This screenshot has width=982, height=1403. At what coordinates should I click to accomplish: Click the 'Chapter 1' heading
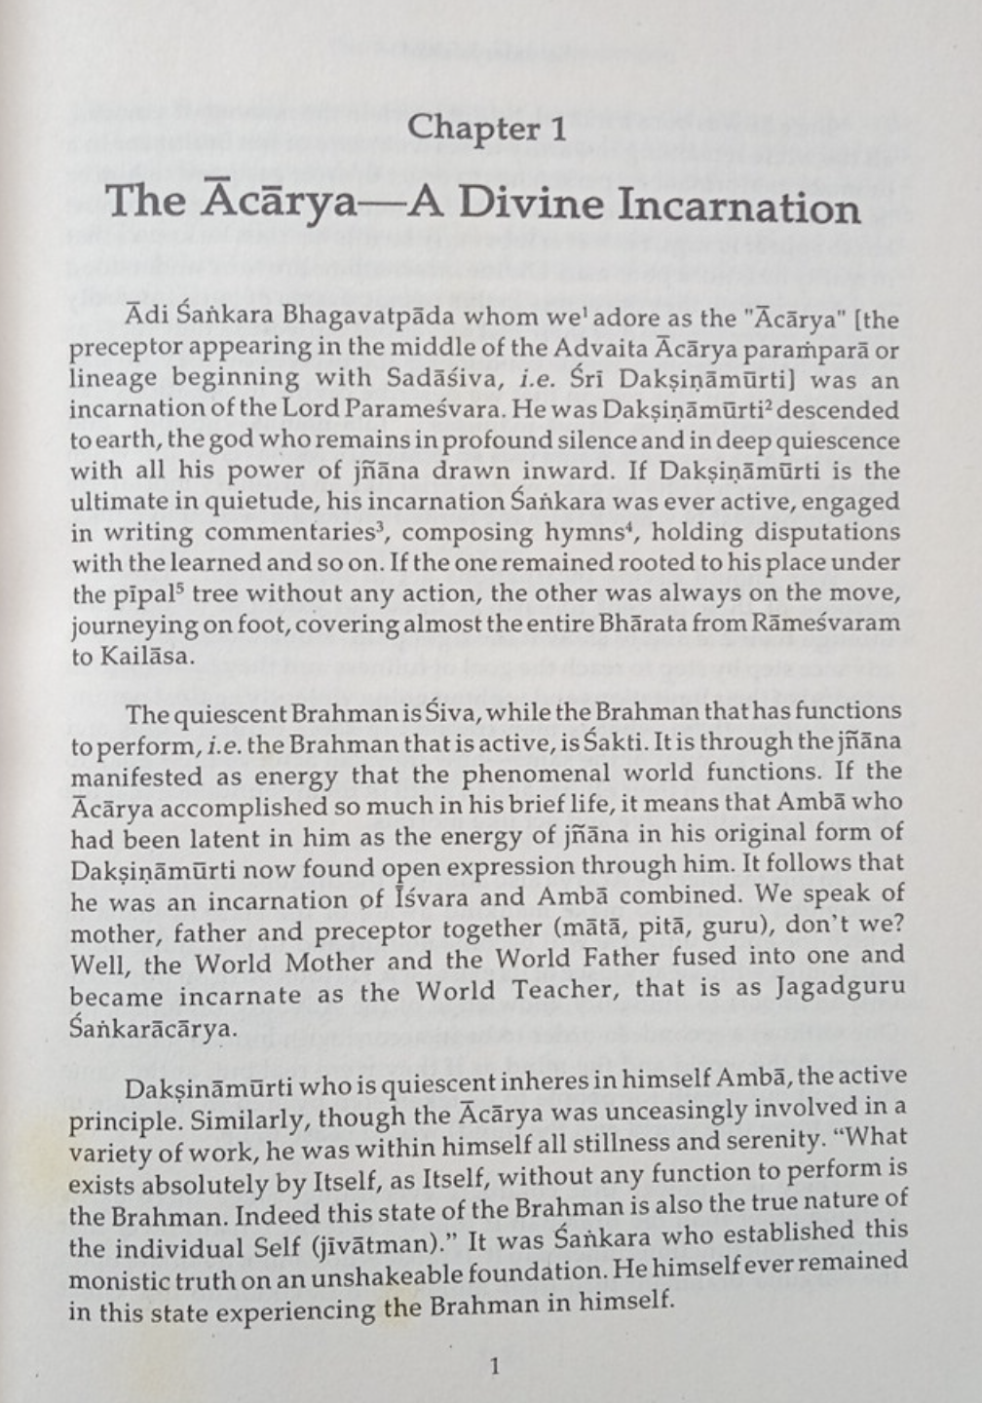click(x=487, y=128)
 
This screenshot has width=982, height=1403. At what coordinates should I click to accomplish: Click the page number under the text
click(x=495, y=1366)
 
